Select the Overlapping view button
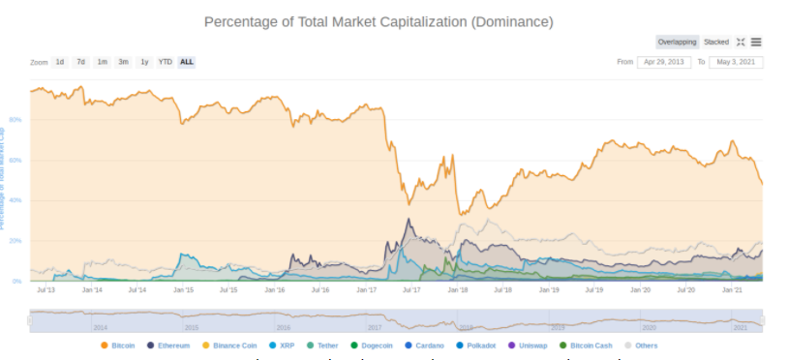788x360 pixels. (677, 42)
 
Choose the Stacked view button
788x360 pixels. (716, 42)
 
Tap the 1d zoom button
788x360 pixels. (60, 62)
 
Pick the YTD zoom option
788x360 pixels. (166, 62)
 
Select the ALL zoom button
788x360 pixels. (187, 62)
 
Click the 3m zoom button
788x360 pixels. (123, 62)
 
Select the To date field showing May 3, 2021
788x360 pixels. (736, 62)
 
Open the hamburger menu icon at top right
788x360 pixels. (756, 42)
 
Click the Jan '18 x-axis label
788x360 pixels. (458, 289)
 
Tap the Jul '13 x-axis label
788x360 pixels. (45, 289)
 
